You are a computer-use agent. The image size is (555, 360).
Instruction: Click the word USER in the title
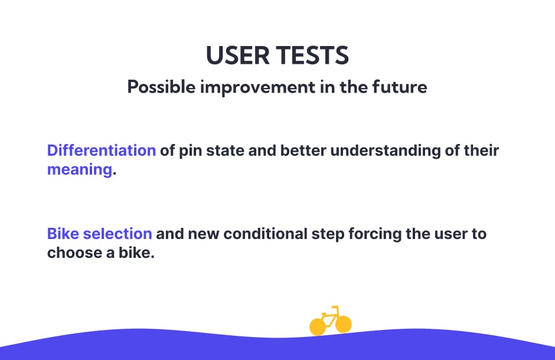[x=237, y=55]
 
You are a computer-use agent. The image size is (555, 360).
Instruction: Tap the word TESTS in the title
[x=312, y=55]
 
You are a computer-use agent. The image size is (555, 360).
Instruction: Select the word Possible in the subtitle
[x=161, y=87]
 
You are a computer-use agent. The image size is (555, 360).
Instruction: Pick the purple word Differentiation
[x=102, y=150]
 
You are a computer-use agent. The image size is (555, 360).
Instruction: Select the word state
[x=225, y=151]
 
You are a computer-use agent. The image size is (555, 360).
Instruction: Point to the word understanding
[x=386, y=152]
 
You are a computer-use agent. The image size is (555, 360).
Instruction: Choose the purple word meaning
[x=80, y=170]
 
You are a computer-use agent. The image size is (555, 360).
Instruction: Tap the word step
[x=328, y=235]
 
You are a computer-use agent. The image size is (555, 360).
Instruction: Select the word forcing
[x=375, y=235]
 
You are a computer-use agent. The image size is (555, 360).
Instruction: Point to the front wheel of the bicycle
[x=344, y=324]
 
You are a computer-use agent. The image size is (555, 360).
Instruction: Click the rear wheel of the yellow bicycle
[x=318, y=327]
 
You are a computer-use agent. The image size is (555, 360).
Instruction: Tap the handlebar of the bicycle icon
[x=335, y=307]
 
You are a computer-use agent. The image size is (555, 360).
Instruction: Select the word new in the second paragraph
[x=204, y=235]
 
